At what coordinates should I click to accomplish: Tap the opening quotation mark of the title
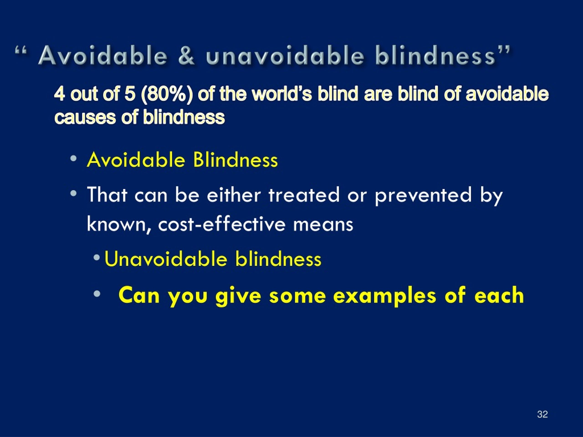pos(21,51)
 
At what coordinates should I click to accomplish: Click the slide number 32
pos(542,414)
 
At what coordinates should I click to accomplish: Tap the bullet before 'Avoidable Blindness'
pos(74,159)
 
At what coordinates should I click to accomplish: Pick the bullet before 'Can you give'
pos(97,293)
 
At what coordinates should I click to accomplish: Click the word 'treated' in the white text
pos(304,195)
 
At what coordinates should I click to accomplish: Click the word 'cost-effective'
pos(222,224)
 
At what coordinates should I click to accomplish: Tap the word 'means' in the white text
pos(323,225)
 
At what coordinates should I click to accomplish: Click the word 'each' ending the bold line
pos(499,296)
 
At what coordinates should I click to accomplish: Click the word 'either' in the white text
pos(234,195)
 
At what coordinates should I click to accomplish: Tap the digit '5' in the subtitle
pos(130,94)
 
